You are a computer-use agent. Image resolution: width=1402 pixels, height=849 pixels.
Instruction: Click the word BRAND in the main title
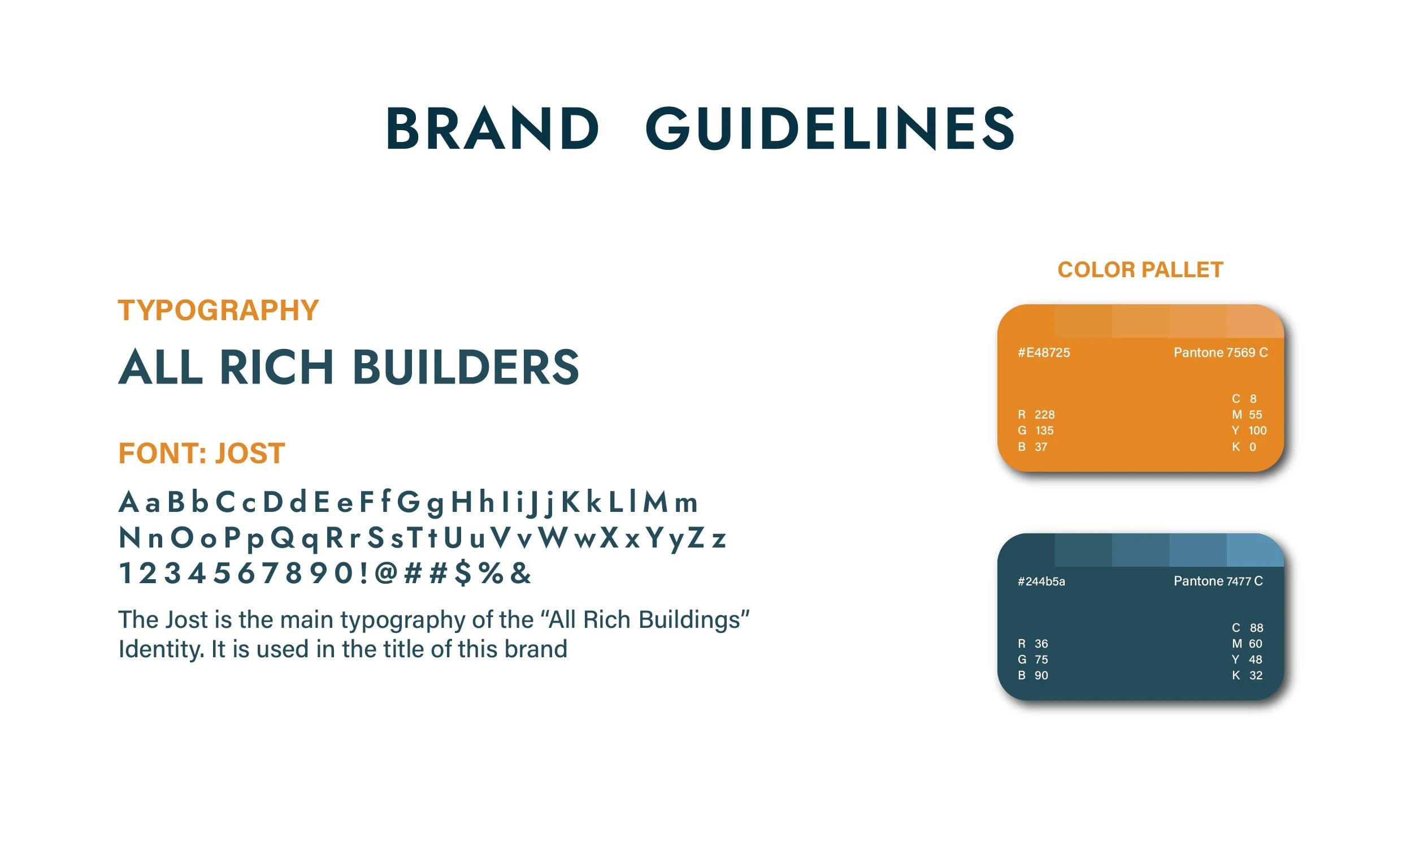[493, 129]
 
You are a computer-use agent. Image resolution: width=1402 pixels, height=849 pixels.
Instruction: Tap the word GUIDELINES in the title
[830, 129]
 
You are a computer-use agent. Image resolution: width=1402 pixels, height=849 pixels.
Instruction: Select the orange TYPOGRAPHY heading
[218, 311]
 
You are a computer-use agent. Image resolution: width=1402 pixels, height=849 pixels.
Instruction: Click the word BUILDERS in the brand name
[466, 367]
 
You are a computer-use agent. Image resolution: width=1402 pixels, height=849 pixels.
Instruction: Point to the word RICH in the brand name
[276, 367]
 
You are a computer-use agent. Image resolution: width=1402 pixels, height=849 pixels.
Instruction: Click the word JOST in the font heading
[250, 453]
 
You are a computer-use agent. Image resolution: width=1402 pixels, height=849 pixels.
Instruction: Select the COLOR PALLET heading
[1140, 269]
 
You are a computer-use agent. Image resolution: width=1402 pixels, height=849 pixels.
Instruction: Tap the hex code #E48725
[1044, 352]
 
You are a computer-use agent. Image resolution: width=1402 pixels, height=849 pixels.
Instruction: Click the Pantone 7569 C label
[1221, 352]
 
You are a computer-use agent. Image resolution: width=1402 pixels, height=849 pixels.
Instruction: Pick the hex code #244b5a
[1041, 581]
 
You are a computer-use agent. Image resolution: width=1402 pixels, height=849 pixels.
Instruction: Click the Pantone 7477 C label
[1218, 581]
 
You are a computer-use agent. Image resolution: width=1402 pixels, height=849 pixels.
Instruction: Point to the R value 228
[1044, 415]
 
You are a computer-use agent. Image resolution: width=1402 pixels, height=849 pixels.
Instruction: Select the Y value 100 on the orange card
[1257, 430]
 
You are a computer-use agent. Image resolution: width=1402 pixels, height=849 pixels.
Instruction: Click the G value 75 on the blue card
[1041, 660]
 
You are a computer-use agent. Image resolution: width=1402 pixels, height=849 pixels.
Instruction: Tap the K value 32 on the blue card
[1256, 675]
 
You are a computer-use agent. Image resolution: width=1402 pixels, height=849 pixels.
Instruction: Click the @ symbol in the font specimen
[386, 572]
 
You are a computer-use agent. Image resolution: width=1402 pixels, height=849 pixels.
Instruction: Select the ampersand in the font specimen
[520, 572]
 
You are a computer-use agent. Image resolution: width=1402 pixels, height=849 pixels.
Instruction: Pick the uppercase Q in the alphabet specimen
[283, 537]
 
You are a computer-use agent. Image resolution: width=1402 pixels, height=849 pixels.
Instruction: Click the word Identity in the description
[161, 649]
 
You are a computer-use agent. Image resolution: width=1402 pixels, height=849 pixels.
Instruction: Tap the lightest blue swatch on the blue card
[1255, 550]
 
